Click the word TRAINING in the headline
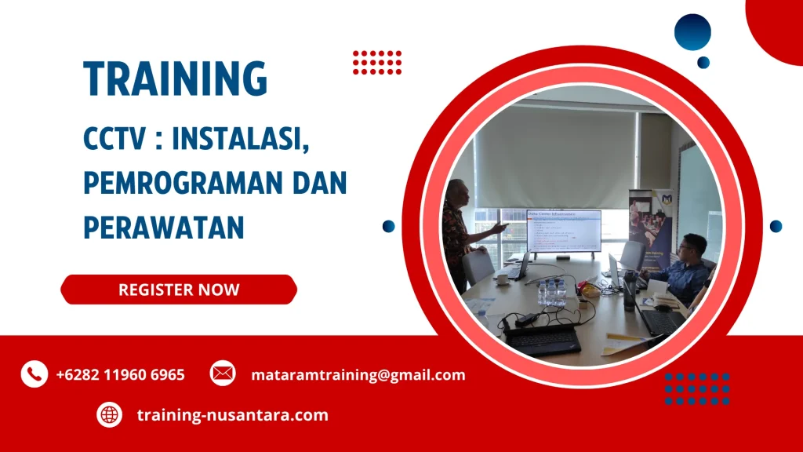(x=176, y=78)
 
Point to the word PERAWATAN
(x=164, y=227)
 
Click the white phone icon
(x=34, y=374)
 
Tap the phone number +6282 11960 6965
(x=120, y=375)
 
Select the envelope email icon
(x=223, y=374)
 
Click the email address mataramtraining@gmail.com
(x=358, y=375)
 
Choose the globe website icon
(x=109, y=415)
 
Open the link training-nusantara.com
(x=232, y=415)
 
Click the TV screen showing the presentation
(x=563, y=231)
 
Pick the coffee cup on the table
(x=501, y=278)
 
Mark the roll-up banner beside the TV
(x=650, y=224)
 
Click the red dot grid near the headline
(x=376, y=62)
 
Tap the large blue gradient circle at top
(x=692, y=33)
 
